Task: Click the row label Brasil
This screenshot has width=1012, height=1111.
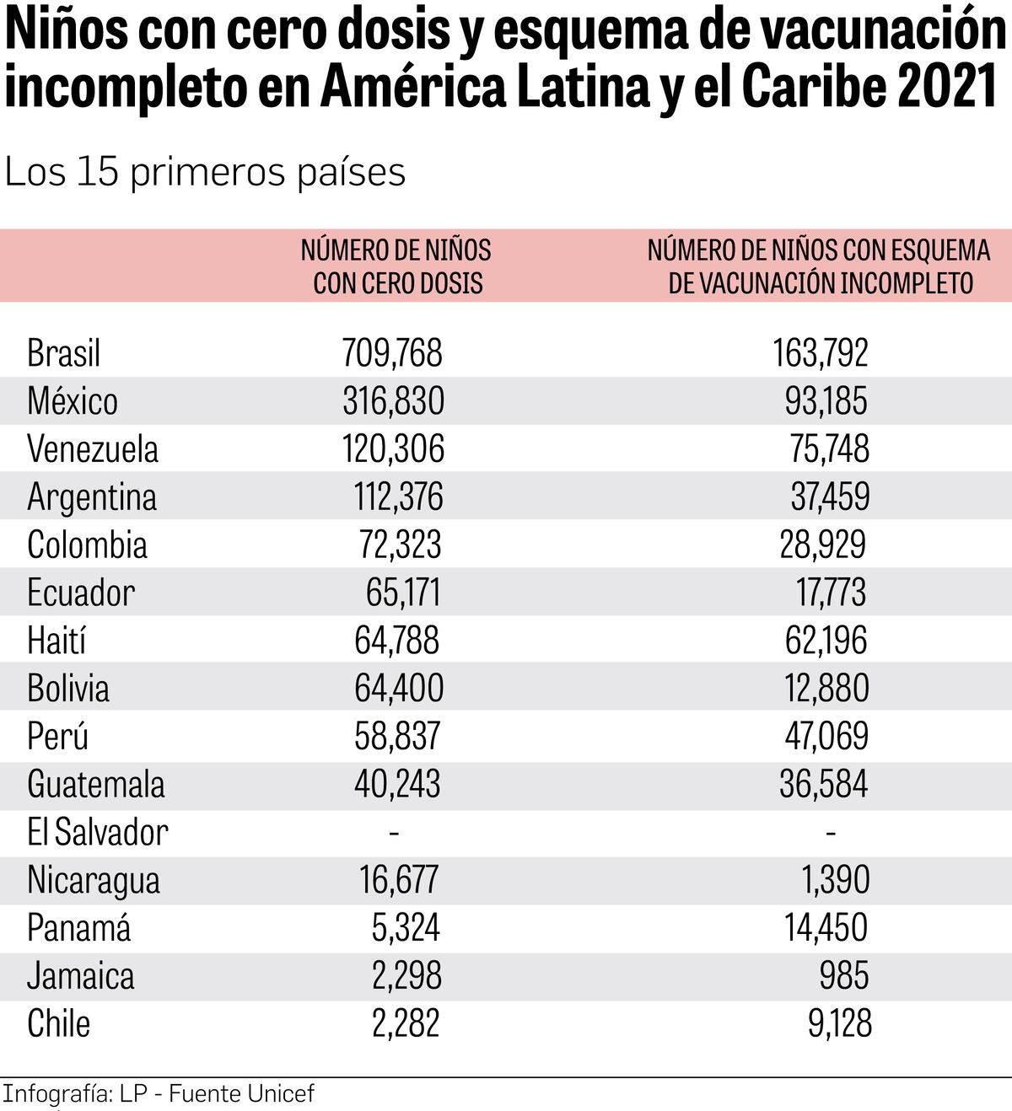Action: point(63,353)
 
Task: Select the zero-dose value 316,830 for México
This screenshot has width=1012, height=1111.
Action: point(393,401)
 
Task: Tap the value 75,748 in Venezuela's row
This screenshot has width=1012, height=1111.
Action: point(829,448)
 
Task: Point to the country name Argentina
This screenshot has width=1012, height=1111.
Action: point(92,497)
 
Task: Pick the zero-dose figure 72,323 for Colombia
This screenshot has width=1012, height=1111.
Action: point(400,545)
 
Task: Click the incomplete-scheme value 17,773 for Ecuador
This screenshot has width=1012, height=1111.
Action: point(831,593)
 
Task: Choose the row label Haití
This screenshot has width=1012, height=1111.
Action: point(57,641)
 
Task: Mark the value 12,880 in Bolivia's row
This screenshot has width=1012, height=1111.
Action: point(826,688)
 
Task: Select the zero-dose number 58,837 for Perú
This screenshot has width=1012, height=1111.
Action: point(397,736)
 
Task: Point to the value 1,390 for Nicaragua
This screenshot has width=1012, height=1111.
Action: point(835,880)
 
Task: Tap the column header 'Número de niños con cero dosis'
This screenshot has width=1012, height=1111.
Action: point(396,266)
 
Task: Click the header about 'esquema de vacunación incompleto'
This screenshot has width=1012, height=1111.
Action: point(819,266)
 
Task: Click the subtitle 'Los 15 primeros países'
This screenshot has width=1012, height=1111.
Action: point(205,172)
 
